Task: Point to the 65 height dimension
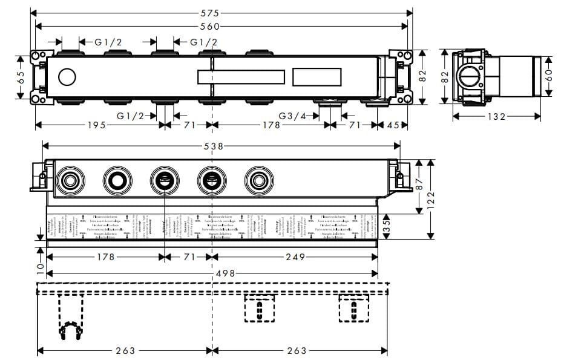[21, 77]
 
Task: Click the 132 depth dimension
[495, 117]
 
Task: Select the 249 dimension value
[295, 257]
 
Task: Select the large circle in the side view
[468, 78]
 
